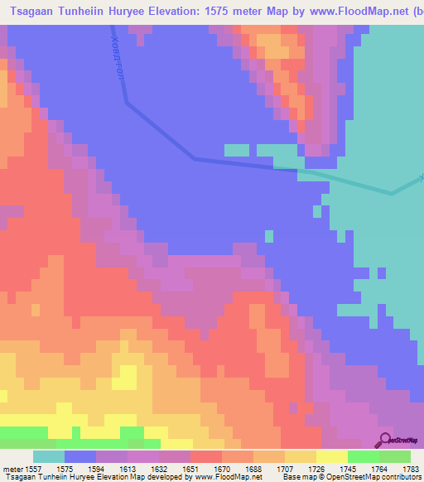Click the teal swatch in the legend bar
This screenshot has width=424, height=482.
pyautogui.click(x=49, y=456)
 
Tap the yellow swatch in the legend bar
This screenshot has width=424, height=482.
pyautogui.click(x=332, y=456)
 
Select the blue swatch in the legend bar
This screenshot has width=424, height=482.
pyautogui.click(x=80, y=456)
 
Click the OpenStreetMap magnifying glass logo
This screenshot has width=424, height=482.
pyautogui.click(x=384, y=439)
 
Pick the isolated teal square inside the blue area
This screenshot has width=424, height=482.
pyautogui.click(x=269, y=237)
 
